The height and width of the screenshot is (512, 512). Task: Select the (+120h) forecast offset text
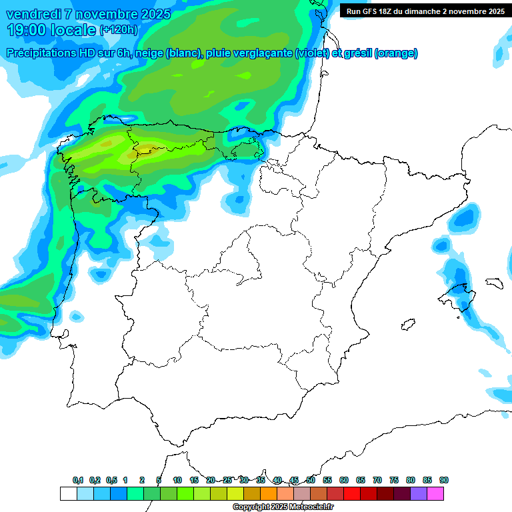(x=118, y=29)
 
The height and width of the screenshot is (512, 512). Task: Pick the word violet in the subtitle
(x=311, y=53)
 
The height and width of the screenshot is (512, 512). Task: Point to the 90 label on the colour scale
(x=444, y=480)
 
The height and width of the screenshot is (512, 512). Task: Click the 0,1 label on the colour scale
(x=78, y=480)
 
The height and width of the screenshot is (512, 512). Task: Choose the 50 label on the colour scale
(x=311, y=480)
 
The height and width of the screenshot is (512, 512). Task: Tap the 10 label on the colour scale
(x=177, y=480)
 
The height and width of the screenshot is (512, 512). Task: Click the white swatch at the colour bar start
(x=68, y=493)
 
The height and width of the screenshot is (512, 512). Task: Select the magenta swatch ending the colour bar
(x=435, y=493)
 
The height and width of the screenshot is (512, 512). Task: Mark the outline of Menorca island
(x=494, y=283)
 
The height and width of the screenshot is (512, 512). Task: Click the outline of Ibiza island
(x=406, y=325)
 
